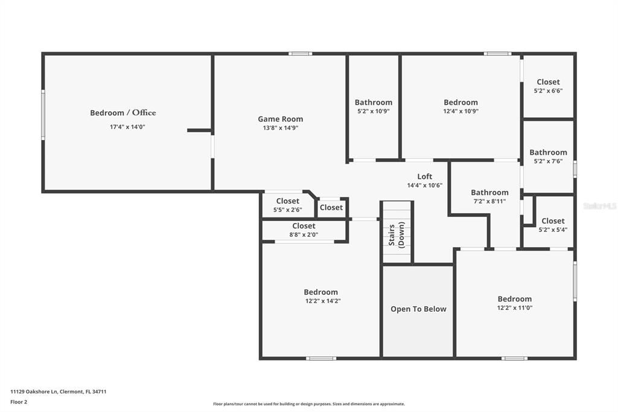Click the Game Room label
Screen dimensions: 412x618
280,119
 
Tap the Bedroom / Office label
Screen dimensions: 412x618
123,112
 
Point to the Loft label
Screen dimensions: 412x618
425,176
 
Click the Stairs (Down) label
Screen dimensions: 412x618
397,235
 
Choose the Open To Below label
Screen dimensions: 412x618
418,309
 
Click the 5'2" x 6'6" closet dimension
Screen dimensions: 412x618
548,91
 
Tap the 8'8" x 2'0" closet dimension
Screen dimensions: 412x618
304,234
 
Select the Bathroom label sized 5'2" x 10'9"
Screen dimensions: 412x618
374,102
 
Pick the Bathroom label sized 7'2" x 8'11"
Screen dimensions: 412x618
489,193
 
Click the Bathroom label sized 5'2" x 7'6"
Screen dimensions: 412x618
548,152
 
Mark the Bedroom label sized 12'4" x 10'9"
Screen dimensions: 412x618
460,102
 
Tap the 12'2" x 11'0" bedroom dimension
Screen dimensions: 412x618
514,307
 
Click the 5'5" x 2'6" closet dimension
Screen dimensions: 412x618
287,210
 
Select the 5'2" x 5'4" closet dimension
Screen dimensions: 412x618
553,230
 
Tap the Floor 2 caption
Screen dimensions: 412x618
19,402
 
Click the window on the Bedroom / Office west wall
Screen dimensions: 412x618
43,115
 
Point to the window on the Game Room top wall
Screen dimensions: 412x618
300,54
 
